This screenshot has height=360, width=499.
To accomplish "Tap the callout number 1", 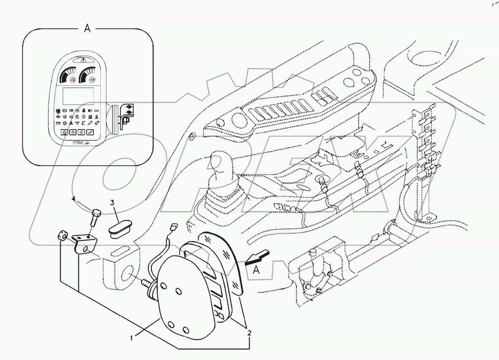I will click(x=132, y=337).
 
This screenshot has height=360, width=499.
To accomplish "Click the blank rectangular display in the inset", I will click(x=78, y=96).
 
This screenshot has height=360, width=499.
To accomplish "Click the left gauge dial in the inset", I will click(x=68, y=76).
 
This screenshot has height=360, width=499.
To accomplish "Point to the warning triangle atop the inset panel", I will click(x=81, y=60).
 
